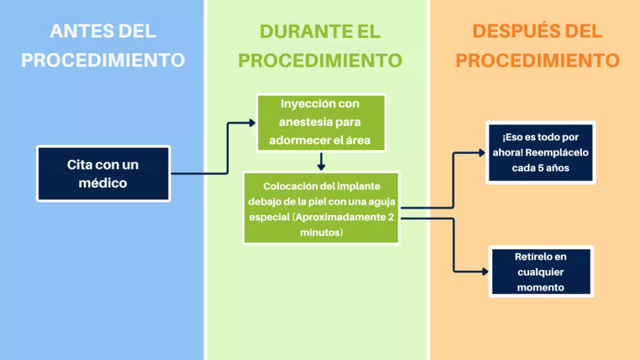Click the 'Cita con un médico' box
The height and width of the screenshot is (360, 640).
pos(103,174)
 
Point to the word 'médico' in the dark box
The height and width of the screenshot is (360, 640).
pos(103,183)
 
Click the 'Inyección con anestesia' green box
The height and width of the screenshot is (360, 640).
pos(321,123)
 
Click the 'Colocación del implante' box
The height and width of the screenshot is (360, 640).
pos(321,208)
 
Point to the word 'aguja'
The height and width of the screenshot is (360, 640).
pos(382,202)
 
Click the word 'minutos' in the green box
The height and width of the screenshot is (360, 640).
pos(320,233)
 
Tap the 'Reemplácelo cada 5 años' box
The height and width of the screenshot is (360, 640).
pos(541,153)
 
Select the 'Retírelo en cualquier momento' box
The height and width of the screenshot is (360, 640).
pos(541,271)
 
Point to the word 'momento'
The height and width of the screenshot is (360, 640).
pos(541,287)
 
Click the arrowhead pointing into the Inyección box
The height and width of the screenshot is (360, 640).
pos(252,123)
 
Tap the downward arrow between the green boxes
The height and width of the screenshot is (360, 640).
pos(321,162)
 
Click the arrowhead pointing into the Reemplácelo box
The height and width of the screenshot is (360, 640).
pos(482,153)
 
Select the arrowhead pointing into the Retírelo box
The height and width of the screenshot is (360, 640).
pos(485,271)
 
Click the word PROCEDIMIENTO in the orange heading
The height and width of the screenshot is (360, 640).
pos(538,60)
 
